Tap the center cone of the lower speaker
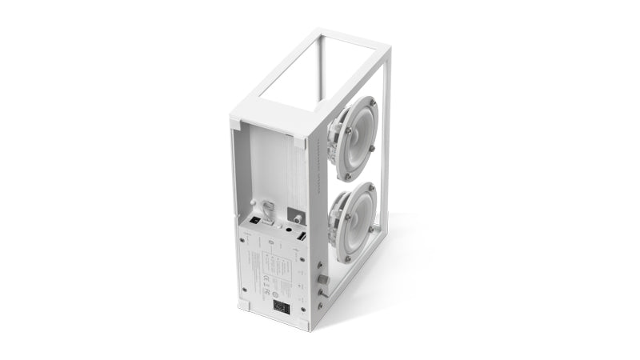click(355, 222)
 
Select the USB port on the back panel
click(302, 238)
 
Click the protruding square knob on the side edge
click(323, 278)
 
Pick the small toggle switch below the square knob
click(322, 294)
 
